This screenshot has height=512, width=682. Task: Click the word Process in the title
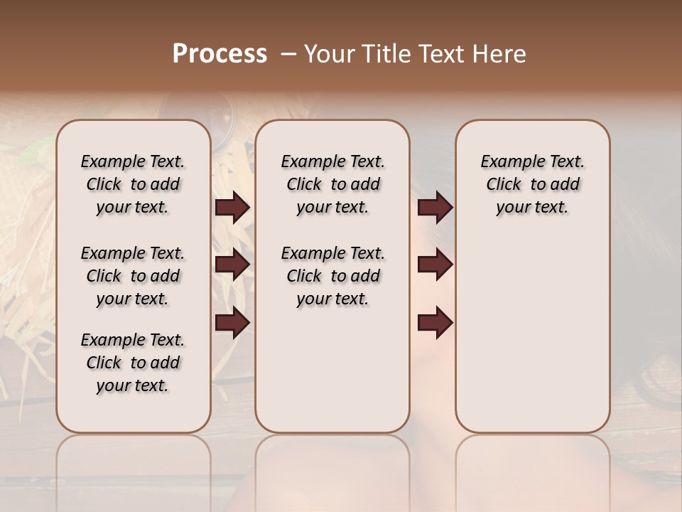point(220,53)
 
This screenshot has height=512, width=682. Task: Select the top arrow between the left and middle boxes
point(232,207)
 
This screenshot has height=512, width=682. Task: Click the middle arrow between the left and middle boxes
point(232,265)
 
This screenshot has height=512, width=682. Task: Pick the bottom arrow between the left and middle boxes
point(232,322)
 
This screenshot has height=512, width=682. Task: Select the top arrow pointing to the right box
point(435,207)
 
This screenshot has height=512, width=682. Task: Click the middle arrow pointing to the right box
point(435,265)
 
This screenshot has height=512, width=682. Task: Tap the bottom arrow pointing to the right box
point(435,322)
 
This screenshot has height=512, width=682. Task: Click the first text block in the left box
point(133,184)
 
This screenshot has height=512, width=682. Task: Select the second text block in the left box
point(133,276)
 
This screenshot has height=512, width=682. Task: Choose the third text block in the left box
point(133,363)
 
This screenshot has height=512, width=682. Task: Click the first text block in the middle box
point(332,184)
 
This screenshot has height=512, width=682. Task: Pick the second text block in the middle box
point(332,276)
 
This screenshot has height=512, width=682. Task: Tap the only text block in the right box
point(532,184)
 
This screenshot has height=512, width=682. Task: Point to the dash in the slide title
point(288,54)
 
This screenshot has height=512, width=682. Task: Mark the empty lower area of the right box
point(532,334)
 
